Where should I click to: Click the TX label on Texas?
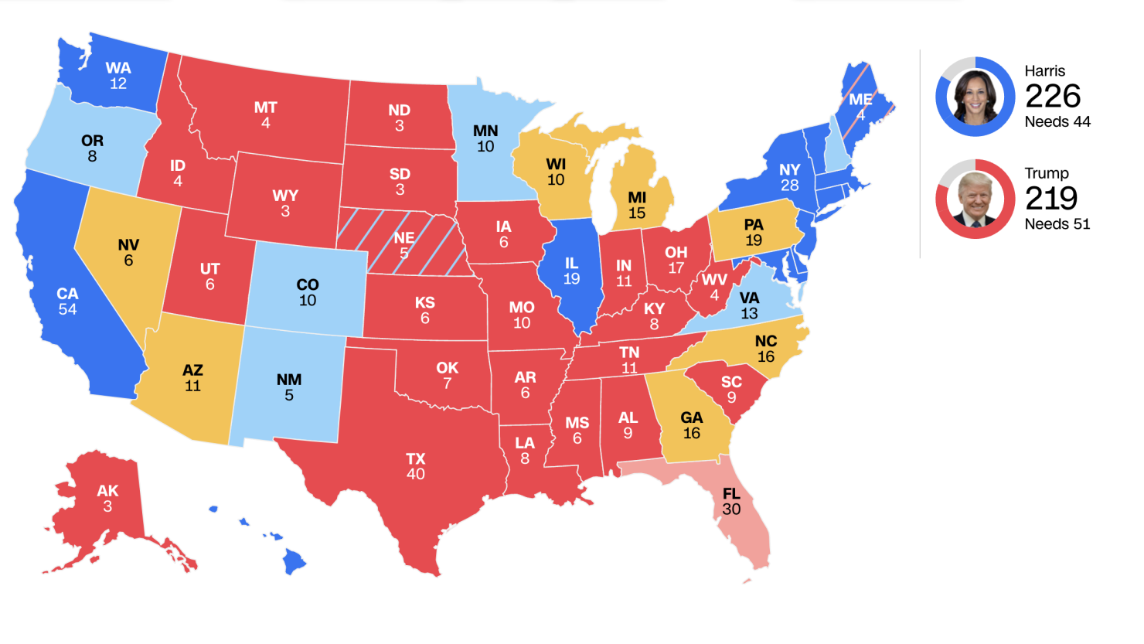pos(416,458)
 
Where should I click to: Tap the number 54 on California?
pos(67,309)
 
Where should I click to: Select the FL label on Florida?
pos(731,493)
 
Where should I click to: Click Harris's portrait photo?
pos(975,97)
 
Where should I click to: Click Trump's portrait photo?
pos(975,199)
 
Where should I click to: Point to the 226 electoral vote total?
pos(1052,97)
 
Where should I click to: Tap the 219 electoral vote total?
pos(1050,199)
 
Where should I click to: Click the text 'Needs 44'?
pos(1057,122)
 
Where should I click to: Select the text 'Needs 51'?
pos(1057,224)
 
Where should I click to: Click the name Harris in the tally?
pos(1044,71)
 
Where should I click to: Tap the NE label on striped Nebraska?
pos(403,237)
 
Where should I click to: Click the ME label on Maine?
pos(860,100)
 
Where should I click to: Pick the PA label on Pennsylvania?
pos(754,224)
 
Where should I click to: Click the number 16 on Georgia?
pos(691,434)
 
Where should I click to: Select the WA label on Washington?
pos(118,68)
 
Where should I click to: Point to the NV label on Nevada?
pos(128,245)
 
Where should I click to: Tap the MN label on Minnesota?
pos(485,131)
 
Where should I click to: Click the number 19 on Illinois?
pos(571,279)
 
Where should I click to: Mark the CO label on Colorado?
pos(308,285)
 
